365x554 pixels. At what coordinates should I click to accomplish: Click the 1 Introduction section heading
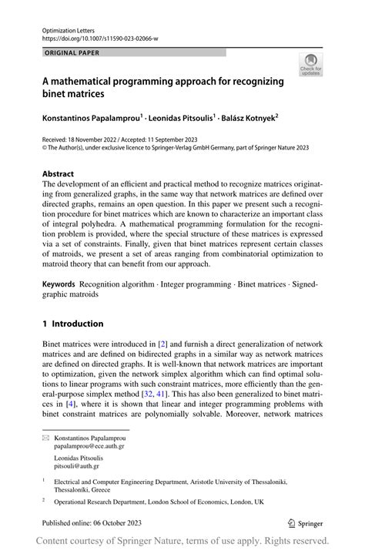pos(82,324)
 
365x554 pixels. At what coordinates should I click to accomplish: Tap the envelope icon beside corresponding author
pos(45,436)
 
